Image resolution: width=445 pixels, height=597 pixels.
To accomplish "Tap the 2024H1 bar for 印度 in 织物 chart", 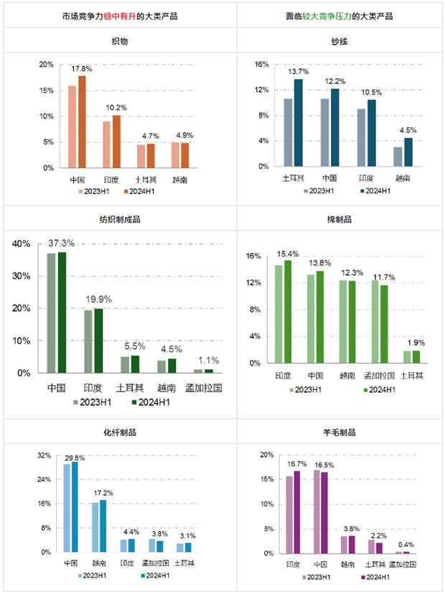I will tap(116, 141).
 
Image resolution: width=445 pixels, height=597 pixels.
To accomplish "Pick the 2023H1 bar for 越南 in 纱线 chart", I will tap(398, 157).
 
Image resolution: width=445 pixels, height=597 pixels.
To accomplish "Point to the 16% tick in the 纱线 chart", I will tap(261, 64).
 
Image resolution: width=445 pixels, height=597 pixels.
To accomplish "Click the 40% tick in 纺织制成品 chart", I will tap(22, 244).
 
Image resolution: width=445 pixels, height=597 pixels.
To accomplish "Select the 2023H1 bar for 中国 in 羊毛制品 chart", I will tap(317, 511).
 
